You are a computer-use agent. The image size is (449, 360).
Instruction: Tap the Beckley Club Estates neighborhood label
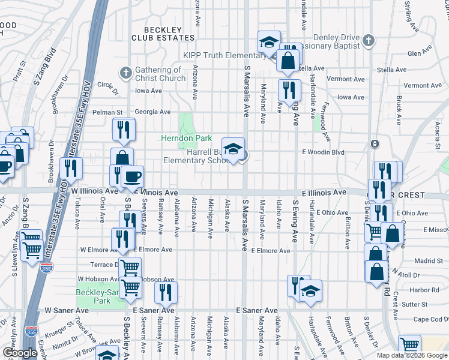tap(161, 34)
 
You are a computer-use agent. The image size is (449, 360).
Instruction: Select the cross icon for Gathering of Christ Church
tap(125, 73)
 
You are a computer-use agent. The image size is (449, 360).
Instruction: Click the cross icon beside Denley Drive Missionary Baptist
tap(369, 40)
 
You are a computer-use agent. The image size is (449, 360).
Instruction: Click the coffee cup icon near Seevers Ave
tap(132, 177)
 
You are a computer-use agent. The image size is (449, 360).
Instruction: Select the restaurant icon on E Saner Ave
tap(166, 293)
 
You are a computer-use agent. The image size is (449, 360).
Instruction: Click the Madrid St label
tap(427, 261)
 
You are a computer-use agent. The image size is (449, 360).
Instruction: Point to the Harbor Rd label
tap(426, 290)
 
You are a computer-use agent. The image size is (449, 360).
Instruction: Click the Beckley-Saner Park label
tap(93, 296)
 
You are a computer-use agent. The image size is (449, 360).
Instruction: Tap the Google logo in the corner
tap(20, 353)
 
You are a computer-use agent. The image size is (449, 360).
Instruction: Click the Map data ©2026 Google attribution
tap(412, 355)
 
